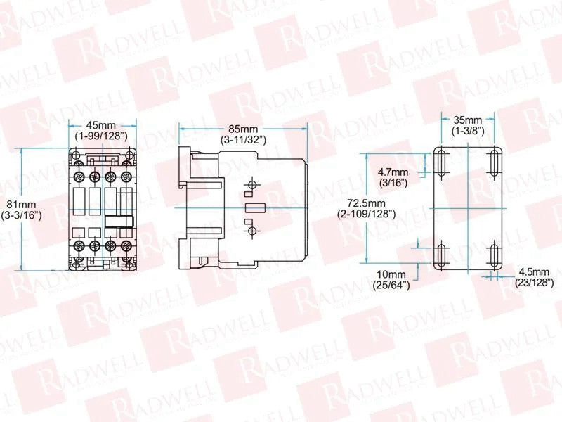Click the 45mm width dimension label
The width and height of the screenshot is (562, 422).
[x=101, y=125]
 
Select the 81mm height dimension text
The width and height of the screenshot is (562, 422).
[x=22, y=205]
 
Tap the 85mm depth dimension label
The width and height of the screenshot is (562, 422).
[x=243, y=129]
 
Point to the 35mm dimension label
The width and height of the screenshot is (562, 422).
[x=468, y=120]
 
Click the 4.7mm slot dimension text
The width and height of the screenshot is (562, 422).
[x=393, y=172]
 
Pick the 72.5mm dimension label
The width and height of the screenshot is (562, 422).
[x=366, y=203]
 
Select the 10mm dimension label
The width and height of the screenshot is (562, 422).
[x=391, y=274]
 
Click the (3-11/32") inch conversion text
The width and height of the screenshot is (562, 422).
[x=243, y=139]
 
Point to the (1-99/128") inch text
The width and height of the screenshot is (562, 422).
[x=101, y=136]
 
